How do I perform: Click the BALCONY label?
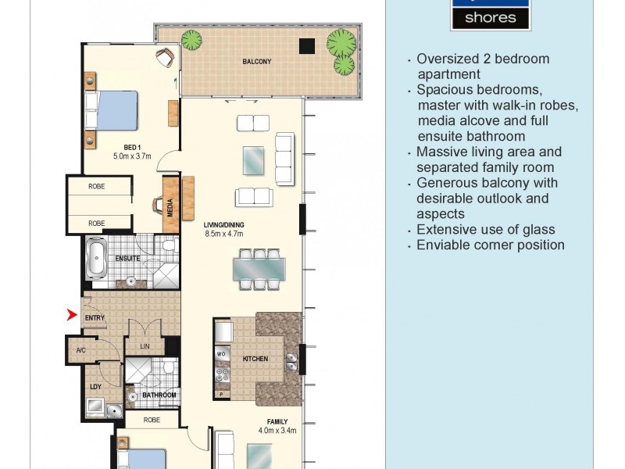click(x=257, y=61)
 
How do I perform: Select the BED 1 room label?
click(x=132, y=147)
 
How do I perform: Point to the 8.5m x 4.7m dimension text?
click(x=223, y=233)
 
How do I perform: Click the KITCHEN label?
click(x=255, y=359)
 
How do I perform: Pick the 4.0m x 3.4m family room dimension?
click(x=277, y=430)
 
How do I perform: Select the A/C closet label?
click(x=80, y=349)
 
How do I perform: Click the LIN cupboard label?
click(x=145, y=345)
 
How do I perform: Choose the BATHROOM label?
click(x=159, y=396)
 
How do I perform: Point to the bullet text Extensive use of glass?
click(x=485, y=229)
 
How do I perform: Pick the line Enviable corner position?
click(x=490, y=245)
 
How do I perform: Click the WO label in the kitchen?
click(x=220, y=355)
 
